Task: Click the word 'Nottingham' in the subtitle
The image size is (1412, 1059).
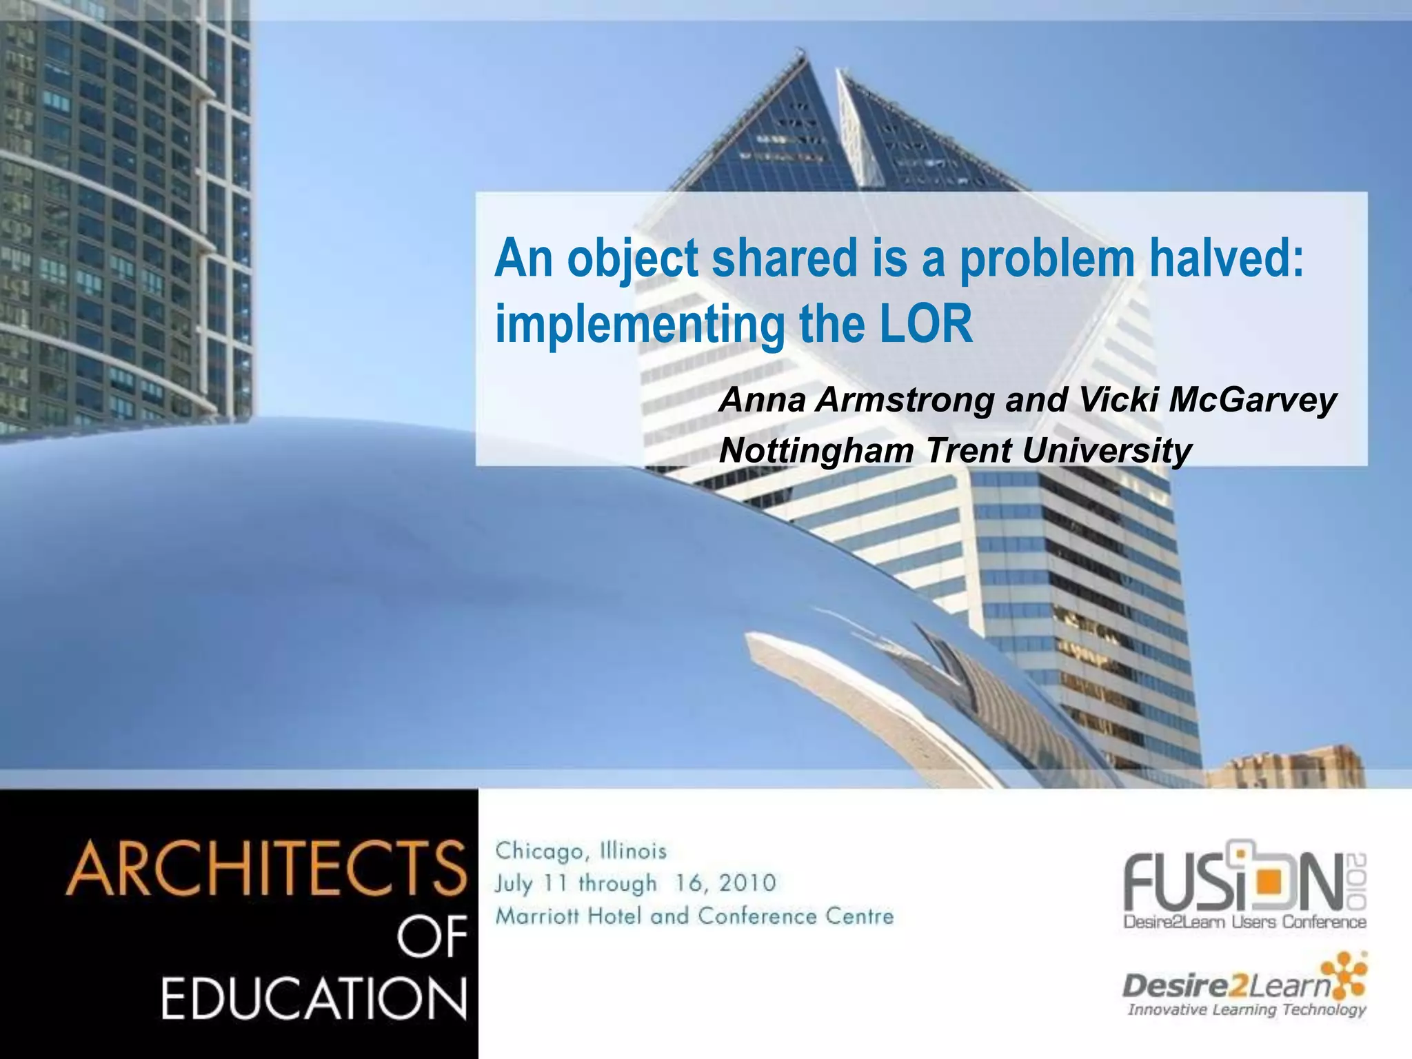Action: pos(816,452)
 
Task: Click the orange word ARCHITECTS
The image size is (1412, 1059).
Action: pos(265,869)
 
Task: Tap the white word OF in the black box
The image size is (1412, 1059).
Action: pos(432,937)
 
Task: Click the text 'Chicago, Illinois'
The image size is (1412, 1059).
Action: pos(581,851)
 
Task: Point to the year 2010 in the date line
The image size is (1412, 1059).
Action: pos(747,883)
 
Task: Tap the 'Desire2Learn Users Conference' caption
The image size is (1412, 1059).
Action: pos(1244,922)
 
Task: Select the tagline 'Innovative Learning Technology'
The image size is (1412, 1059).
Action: pos(1246,1010)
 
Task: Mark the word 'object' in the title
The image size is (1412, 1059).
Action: pos(632,259)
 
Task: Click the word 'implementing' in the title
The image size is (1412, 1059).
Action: pos(639,325)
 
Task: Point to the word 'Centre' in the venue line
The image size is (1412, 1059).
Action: pos(864,916)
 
